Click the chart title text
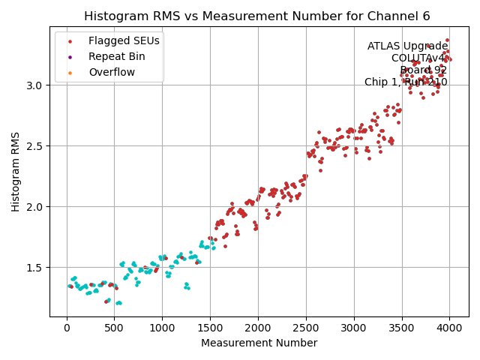(256, 16)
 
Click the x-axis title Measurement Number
(259, 343)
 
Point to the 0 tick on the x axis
(67, 328)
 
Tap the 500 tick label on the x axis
(115, 328)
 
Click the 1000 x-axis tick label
(162, 328)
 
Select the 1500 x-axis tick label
(210, 328)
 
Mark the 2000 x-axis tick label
(258, 328)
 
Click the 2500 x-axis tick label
(306, 328)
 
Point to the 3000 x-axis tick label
(354, 328)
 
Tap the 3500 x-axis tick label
(401, 328)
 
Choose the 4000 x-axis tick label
(449, 328)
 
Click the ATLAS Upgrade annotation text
(407, 46)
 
